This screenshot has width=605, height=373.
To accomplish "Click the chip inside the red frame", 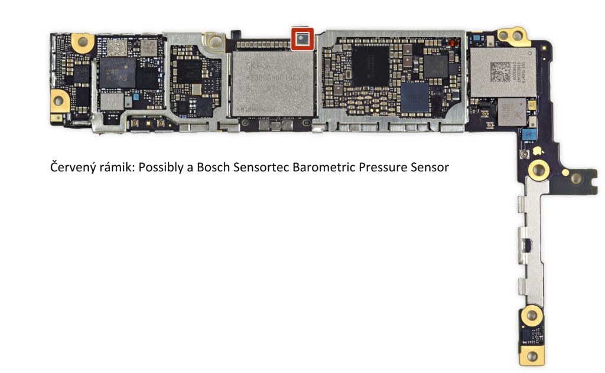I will point(302,40).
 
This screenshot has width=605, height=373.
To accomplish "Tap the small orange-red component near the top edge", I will point(453,44).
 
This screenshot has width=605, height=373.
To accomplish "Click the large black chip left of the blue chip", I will point(371,65).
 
